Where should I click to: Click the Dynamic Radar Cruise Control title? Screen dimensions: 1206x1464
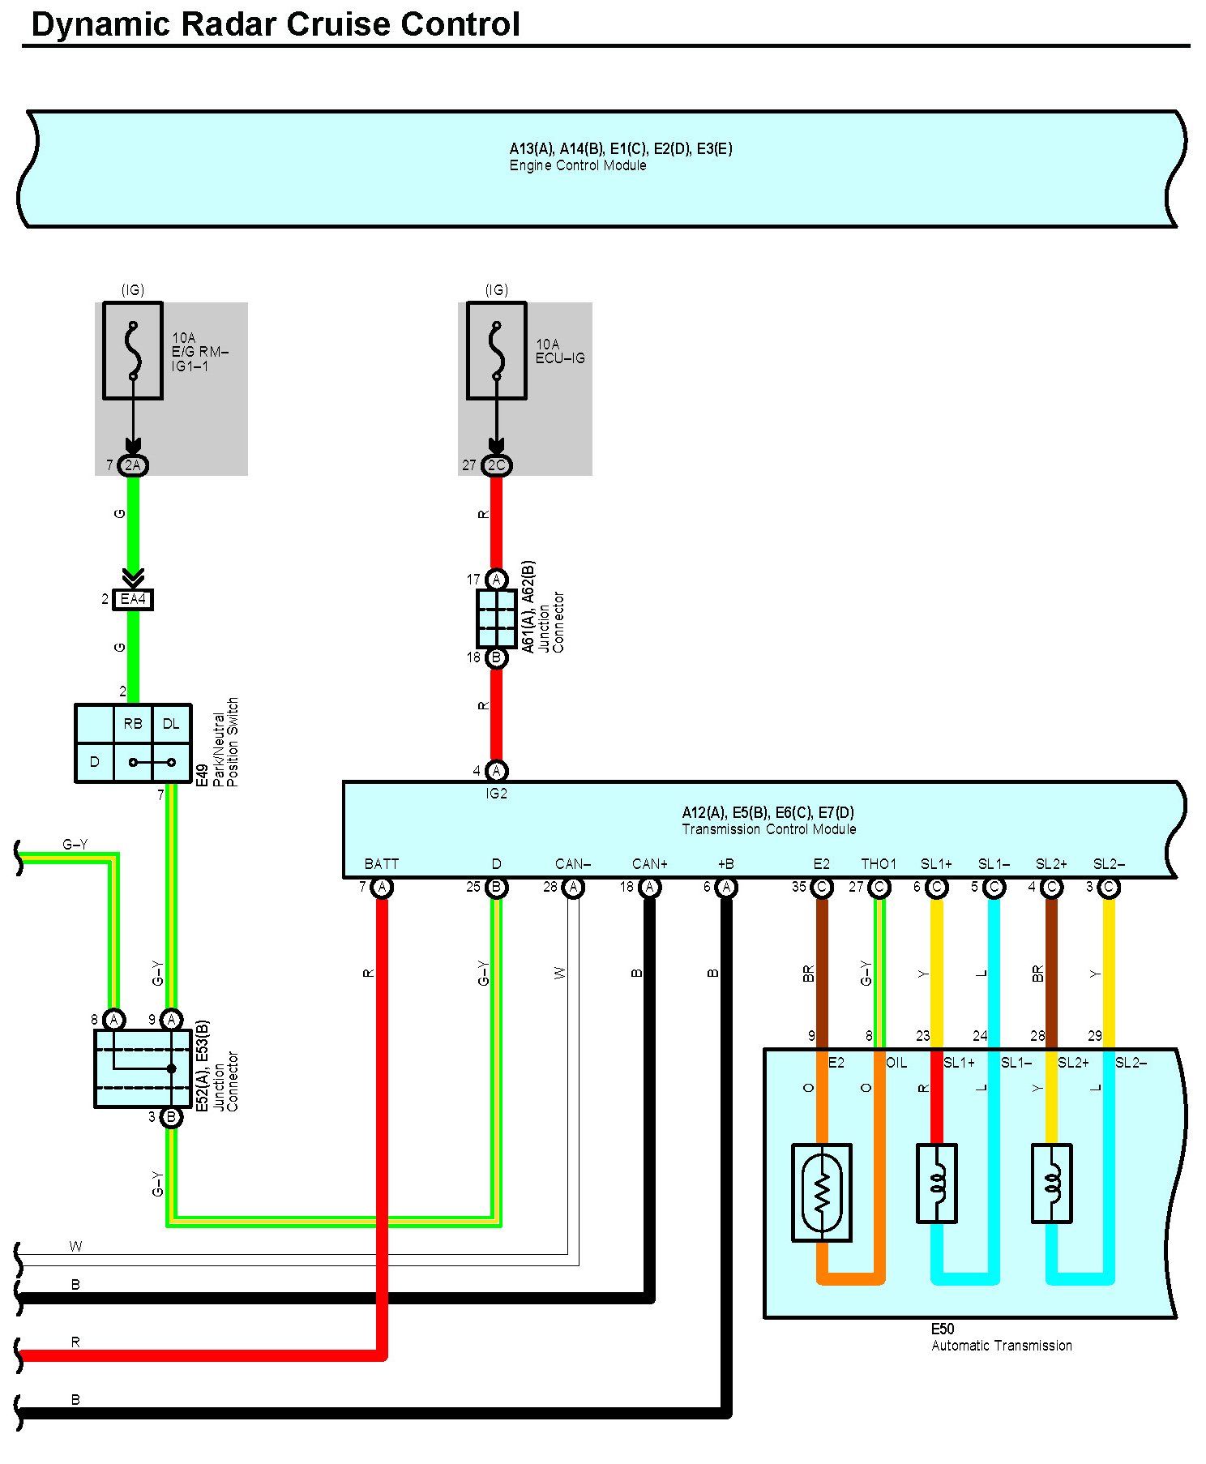tap(276, 24)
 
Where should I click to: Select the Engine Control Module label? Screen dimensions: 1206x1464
tap(578, 165)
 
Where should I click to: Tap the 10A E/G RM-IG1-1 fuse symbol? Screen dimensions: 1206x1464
tap(133, 350)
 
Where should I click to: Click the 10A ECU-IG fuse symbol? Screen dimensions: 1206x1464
tap(497, 350)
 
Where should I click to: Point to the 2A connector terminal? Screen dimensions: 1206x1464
tap(133, 465)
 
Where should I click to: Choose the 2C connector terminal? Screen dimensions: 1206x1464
tap(496, 465)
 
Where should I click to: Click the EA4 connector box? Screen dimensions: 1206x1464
tap(133, 600)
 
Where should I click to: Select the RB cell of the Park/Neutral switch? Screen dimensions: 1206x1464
tap(133, 724)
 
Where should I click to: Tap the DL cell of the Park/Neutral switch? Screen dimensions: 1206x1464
tap(171, 724)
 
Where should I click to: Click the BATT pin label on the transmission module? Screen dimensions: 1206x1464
tap(382, 864)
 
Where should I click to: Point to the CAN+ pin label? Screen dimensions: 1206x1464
tap(650, 864)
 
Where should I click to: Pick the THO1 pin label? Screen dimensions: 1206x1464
tap(879, 864)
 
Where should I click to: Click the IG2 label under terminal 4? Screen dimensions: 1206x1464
tap(496, 794)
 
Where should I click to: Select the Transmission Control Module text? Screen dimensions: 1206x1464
tap(768, 829)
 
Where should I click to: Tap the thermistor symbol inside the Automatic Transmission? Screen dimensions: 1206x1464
tap(822, 1192)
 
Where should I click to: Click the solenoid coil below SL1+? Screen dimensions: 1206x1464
tap(937, 1184)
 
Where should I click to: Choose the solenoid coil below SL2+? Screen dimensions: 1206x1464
tap(1052, 1184)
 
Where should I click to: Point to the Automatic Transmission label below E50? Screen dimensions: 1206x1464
tap(1002, 1346)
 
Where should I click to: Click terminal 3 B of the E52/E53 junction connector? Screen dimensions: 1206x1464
tap(171, 1117)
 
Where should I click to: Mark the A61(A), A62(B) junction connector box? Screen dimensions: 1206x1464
tap(497, 619)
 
